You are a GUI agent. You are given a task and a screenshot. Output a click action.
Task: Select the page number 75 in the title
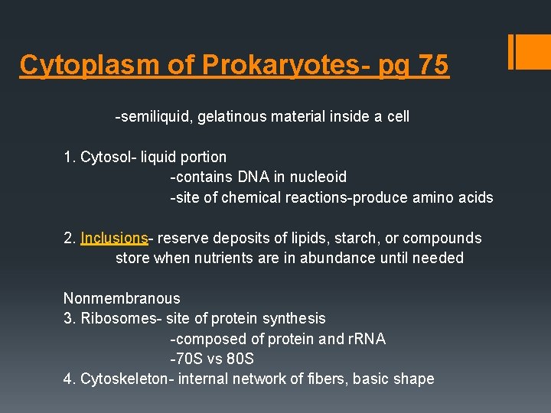(433, 65)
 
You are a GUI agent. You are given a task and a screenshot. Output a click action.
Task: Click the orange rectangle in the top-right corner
(529, 51)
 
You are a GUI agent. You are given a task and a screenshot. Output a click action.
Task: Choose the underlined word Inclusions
(114, 238)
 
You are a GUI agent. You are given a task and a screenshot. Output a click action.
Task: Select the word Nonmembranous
(122, 298)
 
